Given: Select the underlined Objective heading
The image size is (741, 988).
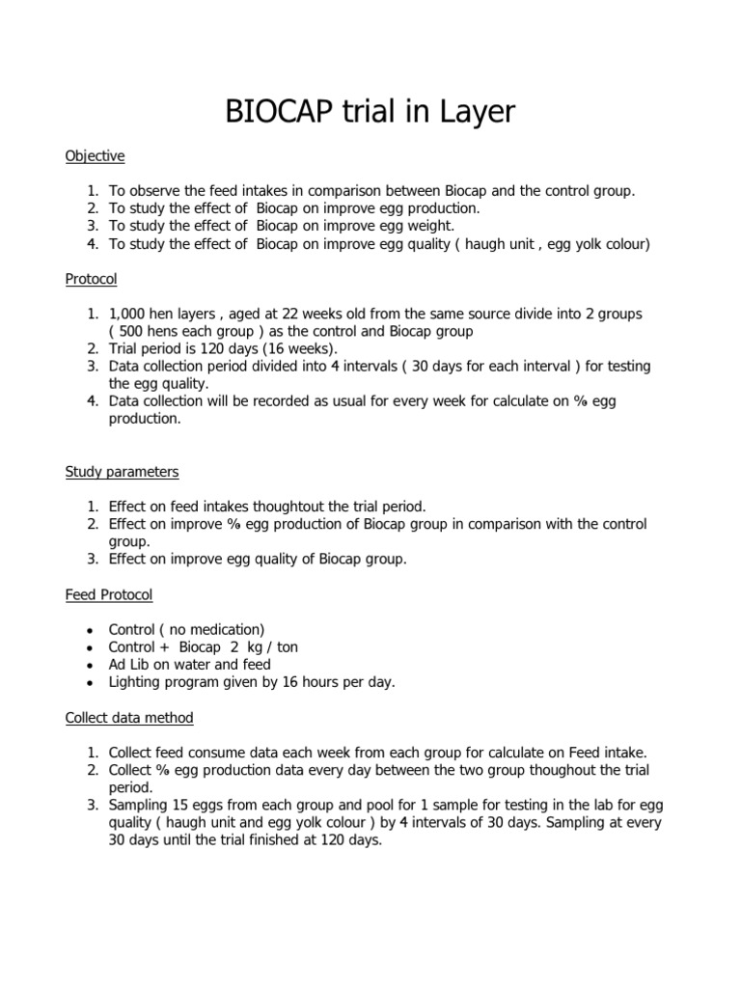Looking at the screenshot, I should coord(95,156).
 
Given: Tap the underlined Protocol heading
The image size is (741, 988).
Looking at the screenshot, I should coord(91,279).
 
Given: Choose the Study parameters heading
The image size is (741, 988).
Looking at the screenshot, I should coord(122,472).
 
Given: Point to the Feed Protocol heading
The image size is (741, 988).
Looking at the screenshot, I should coord(109,594).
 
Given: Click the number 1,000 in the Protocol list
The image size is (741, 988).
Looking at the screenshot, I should coord(128,315).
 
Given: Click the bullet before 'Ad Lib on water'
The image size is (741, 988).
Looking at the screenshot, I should coord(89,665).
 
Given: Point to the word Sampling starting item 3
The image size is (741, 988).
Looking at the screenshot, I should coord(141,805).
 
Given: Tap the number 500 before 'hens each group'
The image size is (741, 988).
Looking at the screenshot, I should coord(133,332).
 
